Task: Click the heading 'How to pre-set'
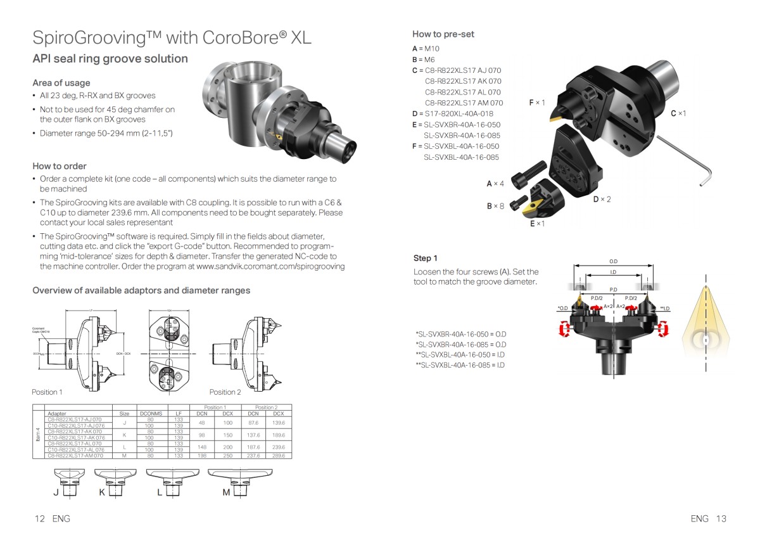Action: tap(443, 34)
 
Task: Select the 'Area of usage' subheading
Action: tap(61, 83)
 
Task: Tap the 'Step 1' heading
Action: tap(425, 258)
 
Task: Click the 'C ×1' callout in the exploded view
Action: tap(678, 113)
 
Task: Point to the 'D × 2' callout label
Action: tap(602, 200)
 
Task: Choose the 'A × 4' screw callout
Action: tap(495, 184)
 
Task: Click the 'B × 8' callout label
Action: tap(495, 206)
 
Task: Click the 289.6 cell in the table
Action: tap(278, 455)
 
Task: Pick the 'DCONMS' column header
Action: tap(151, 413)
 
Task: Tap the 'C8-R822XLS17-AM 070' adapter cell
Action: tap(75, 455)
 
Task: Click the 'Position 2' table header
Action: tap(265, 407)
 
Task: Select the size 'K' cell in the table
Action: tap(124, 434)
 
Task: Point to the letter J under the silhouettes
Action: tap(56, 493)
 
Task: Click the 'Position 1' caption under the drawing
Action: tap(47, 392)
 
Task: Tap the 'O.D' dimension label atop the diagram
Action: tap(613, 261)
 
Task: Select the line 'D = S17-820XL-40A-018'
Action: tap(452, 113)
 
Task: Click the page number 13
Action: tap(721, 518)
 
